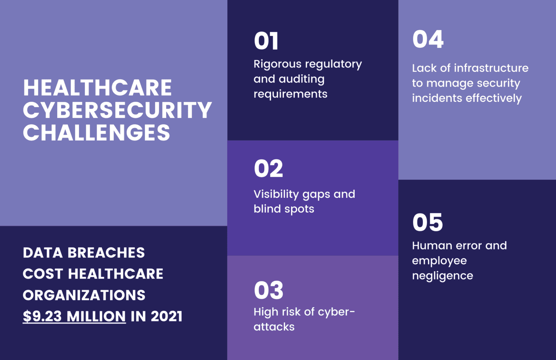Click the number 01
point(266,41)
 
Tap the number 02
point(268,169)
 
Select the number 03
point(268,290)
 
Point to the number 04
point(428,39)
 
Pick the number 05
point(427,222)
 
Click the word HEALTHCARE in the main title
point(97,88)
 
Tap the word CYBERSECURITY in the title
point(117,110)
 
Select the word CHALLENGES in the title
point(96,133)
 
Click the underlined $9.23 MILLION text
point(74,316)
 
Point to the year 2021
point(167,316)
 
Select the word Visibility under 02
point(276,194)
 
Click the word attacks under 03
point(274,327)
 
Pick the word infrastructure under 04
point(491,68)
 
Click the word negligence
point(442,276)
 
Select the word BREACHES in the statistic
point(106,253)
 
